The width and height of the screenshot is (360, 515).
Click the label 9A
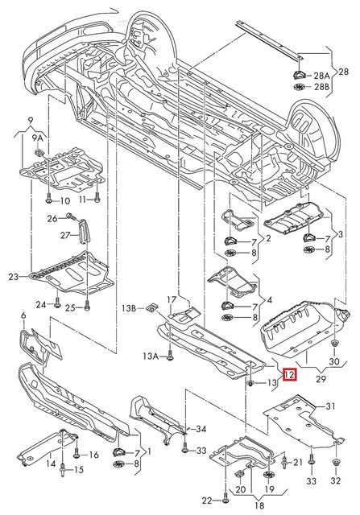coord(37,138)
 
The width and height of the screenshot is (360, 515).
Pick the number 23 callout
coord(13,278)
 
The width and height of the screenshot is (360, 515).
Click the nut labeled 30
coord(333,344)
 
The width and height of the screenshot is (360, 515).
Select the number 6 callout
coord(23,315)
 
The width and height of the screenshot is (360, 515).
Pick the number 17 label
coord(171,300)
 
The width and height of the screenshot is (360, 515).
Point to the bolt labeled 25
coord(87,307)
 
